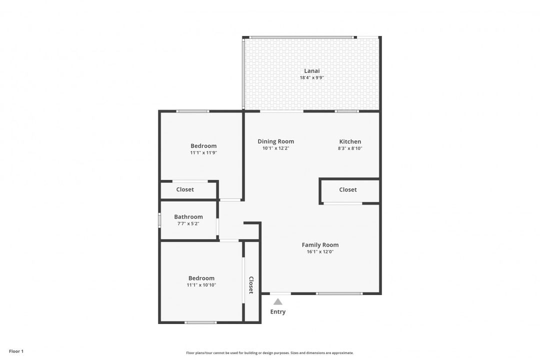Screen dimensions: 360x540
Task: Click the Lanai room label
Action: pos(311,70)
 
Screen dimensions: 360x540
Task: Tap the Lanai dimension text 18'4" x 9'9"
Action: pos(311,78)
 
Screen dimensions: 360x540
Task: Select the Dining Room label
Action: pos(275,141)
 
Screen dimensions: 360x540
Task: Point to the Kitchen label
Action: pos(350,141)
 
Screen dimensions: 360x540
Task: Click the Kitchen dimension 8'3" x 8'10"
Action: pos(350,148)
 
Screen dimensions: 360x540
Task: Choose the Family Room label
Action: pos(320,245)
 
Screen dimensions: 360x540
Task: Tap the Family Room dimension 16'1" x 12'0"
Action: pos(320,252)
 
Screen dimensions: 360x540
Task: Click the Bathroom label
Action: pos(188,217)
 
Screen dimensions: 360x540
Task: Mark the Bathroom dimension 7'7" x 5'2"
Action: pos(188,223)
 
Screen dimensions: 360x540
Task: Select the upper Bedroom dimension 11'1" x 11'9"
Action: pos(203,153)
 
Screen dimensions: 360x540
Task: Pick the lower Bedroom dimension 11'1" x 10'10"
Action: pos(201,285)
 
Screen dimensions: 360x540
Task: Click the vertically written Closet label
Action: pos(251,285)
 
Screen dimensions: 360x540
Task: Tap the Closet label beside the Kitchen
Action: pos(348,190)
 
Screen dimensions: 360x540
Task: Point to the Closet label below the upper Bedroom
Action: pos(185,190)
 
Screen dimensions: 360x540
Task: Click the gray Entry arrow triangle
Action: pos(278,301)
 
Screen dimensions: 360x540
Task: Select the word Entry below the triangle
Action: pos(278,312)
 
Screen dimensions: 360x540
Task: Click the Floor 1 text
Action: pos(16,351)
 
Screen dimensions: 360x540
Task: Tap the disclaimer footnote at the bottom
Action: pos(270,353)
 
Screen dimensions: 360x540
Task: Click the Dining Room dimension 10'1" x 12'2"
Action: pos(275,148)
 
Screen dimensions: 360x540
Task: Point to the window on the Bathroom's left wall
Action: pos(159,220)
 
